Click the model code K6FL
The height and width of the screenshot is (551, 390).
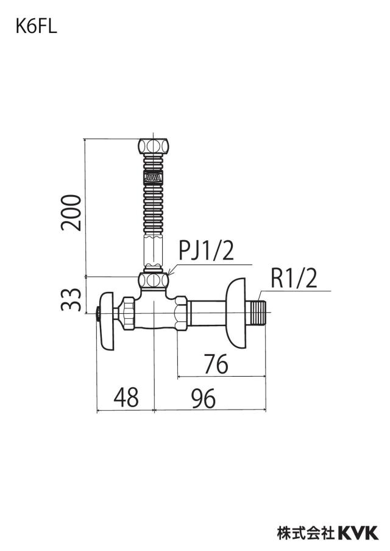pyautogui.click(x=36, y=26)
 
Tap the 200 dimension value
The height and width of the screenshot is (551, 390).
pyautogui.click(x=71, y=213)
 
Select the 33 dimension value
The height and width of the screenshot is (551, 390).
pyautogui.click(x=71, y=299)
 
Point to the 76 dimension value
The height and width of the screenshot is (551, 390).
pyautogui.click(x=216, y=364)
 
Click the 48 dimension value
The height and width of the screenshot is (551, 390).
pyautogui.click(x=126, y=398)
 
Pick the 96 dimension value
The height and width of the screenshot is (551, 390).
pyautogui.click(x=204, y=399)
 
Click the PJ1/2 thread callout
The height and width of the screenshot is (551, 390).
pyautogui.click(x=206, y=251)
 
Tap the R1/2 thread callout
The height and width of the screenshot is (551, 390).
pyautogui.click(x=294, y=279)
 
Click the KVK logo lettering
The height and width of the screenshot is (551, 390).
pyautogui.click(x=358, y=533)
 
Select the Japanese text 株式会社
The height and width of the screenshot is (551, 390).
pyautogui.click(x=306, y=533)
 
